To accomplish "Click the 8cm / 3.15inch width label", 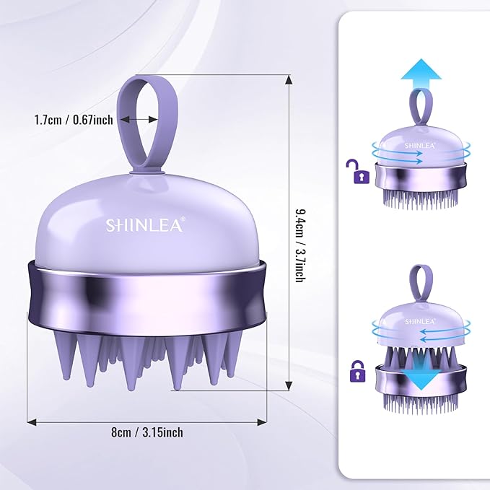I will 147,432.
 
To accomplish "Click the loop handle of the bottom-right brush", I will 419,281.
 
